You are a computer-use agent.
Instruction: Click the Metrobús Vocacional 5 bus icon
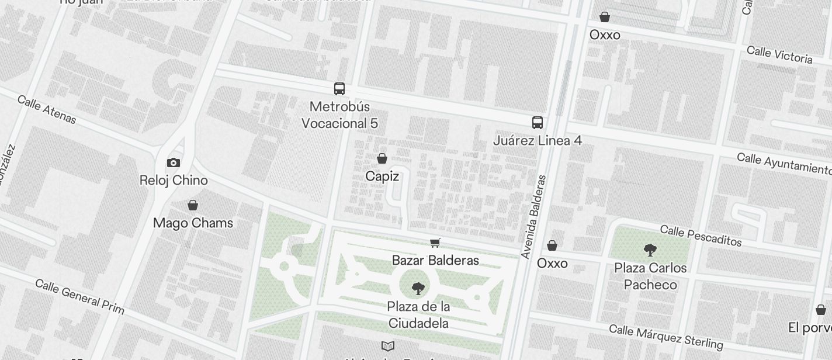click(x=339, y=89)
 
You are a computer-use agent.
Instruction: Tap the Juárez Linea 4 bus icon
click(x=538, y=123)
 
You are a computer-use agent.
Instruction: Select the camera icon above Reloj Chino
click(x=174, y=163)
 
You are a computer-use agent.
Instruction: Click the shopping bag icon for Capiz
click(x=382, y=158)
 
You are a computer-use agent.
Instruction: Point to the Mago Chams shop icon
click(x=193, y=205)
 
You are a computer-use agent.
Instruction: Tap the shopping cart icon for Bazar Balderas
click(x=435, y=243)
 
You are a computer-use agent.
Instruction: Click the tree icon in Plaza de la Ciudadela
click(x=418, y=288)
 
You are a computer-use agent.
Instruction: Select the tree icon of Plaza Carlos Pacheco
click(x=650, y=250)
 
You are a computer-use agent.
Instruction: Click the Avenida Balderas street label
click(x=535, y=217)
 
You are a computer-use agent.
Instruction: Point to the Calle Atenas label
click(x=47, y=109)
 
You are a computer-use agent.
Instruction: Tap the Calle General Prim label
click(x=79, y=296)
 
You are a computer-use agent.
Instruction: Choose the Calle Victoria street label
click(x=779, y=54)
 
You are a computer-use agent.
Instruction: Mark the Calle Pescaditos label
click(x=701, y=236)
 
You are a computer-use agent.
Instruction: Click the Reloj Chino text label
click(x=174, y=181)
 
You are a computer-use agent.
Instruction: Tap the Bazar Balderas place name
click(x=435, y=261)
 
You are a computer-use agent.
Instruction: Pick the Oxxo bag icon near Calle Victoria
click(x=605, y=17)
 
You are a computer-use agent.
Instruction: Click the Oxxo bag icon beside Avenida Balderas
click(x=552, y=245)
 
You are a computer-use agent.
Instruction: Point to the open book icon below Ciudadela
click(x=388, y=346)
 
